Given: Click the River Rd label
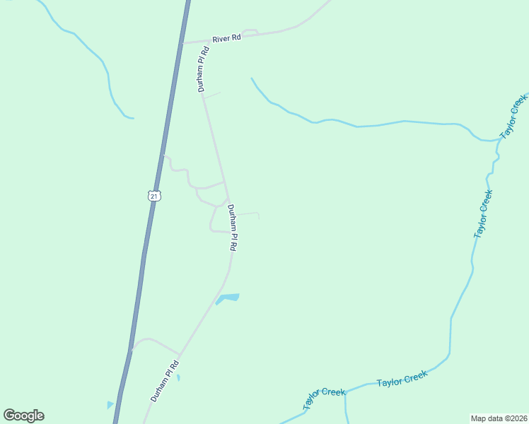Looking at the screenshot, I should pyautogui.click(x=226, y=38).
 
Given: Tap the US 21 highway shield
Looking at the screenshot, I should pyautogui.click(x=154, y=196).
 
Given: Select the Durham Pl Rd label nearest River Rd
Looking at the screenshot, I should pyautogui.click(x=204, y=69).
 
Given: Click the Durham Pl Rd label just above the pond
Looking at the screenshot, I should pyautogui.click(x=231, y=228).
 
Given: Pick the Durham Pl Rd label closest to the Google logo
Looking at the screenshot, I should pyautogui.click(x=165, y=381).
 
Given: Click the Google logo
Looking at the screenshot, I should pyautogui.click(x=23, y=416).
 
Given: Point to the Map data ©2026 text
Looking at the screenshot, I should pyautogui.click(x=499, y=418).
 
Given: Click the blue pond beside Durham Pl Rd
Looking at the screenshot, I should pyautogui.click(x=228, y=298).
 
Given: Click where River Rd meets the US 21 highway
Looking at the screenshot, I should pyautogui.click(x=182, y=43).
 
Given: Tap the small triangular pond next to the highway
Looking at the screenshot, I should pyautogui.click(x=110, y=405).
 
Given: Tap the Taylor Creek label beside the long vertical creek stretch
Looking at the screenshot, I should pyautogui.click(x=482, y=213).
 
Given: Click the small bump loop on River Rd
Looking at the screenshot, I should pyautogui.click(x=250, y=31).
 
